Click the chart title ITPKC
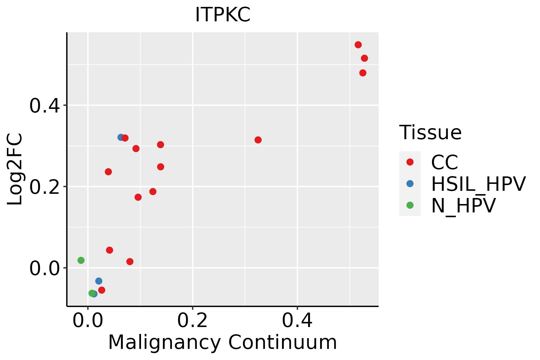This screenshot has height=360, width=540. (x=223, y=15)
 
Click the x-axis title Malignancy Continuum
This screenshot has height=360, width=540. (x=223, y=342)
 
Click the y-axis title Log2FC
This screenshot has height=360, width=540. (x=15, y=169)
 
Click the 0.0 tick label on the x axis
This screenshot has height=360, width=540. (x=88, y=320)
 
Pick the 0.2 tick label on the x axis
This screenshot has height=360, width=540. (x=193, y=320)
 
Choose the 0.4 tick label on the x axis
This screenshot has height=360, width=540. (x=297, y=320)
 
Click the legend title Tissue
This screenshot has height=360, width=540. (x=430, y=132)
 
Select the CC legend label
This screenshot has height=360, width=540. (x=445, y=162)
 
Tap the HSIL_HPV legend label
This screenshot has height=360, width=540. (x=478, y=184)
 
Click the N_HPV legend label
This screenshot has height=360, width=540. (x=463, y=205)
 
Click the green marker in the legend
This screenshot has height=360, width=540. (x=410, y=205)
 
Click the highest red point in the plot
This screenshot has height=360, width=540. (x=358, y=45)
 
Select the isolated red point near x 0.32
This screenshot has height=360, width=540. (x=258, y=140)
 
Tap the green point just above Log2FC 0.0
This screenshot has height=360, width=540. (x=81, y=260)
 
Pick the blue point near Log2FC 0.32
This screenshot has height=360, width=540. (x=121, y=137)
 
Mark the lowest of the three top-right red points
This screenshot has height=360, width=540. (x=363, y=73)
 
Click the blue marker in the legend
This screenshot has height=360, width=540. (x=410, y=184)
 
